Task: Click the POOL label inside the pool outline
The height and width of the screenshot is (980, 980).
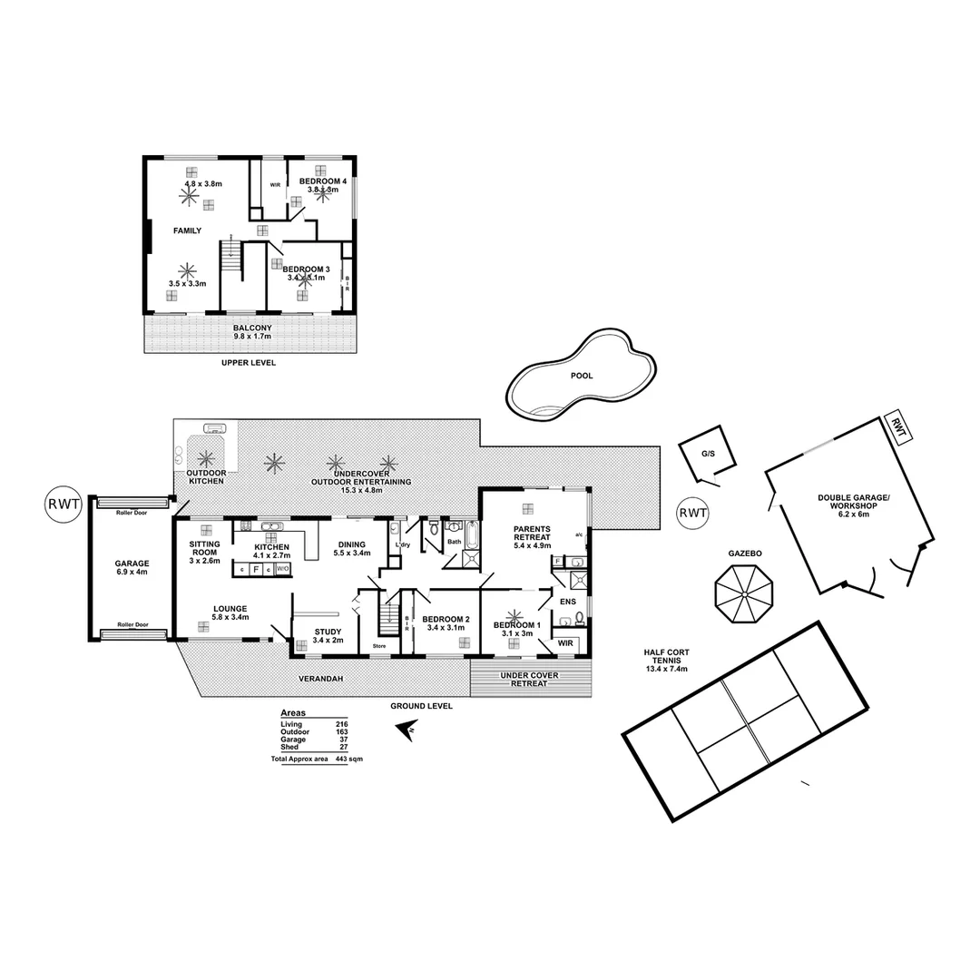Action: click(582, 375)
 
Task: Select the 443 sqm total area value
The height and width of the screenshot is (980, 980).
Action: click(341, 758)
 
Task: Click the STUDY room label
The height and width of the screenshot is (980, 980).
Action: click(328, 632)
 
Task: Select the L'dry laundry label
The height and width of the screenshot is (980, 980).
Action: click(404, 544)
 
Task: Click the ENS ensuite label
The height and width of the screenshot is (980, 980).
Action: click(569, 601)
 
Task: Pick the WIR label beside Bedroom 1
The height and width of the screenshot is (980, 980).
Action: click(565, 642)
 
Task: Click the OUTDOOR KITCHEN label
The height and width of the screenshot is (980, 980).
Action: click(205, 477)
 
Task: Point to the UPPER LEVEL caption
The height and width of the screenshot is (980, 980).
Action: click(248, 363)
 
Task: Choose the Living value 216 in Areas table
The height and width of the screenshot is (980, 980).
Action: click(342, 724)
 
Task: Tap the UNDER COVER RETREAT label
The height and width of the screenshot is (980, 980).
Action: click(530, 679)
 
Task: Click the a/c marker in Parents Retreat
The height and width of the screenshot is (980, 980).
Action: click(579, 534)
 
